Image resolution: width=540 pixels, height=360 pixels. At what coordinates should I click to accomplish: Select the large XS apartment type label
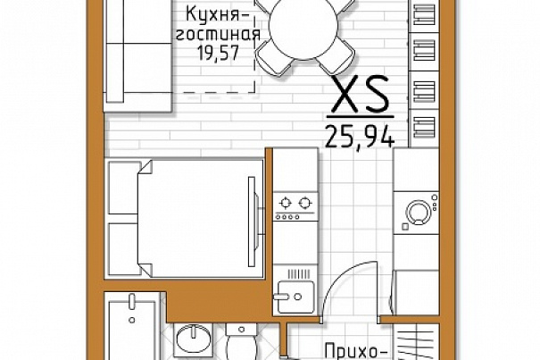click(361, 94)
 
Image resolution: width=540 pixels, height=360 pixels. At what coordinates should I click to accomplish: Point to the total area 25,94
click(360, 136)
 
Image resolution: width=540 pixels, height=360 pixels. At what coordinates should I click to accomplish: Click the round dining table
click(303, 26)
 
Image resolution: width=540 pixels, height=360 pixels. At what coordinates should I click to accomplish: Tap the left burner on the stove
click(285, 203)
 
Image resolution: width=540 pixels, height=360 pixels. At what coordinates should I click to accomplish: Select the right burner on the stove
click(304, 203)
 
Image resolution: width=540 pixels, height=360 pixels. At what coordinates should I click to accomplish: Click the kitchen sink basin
click(295, 297)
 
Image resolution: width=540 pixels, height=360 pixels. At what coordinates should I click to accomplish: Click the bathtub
click(132, 328)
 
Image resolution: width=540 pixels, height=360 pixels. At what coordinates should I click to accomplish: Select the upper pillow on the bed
click(123, 188)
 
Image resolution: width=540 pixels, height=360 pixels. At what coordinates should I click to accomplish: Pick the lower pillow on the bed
click(123, 249)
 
